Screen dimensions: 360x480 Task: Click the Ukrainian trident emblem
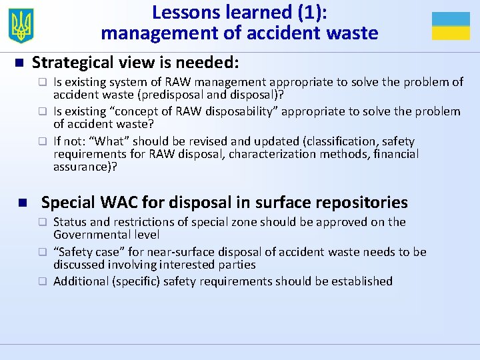(22, 26)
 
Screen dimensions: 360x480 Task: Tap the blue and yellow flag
(451, 26)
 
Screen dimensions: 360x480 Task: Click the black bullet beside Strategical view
(19, 63)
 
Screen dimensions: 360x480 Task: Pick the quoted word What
(101, 141)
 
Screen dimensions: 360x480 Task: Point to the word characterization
(273, 154)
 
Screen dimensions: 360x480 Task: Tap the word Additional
(79, 281)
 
